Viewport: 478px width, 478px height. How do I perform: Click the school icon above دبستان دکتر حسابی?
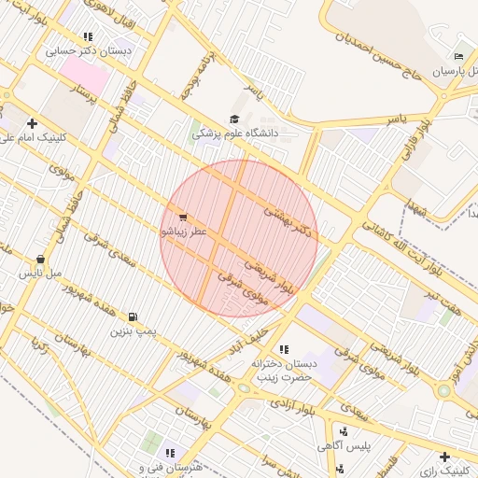click(x=88, y=37)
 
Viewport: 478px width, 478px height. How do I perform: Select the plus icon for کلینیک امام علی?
click(x=33, y=123)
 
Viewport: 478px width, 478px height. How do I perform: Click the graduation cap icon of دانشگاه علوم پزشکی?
click(x=233, y=119)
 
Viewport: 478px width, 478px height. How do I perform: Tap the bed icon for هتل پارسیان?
click(x=457, y=56)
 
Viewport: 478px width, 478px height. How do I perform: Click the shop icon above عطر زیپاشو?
click(x=181, y=217)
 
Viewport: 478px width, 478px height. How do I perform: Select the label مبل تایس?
click(x=41, y=274)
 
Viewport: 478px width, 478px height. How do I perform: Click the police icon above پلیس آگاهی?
click(x=344, y=431)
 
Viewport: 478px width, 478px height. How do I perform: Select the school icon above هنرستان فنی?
click(x=170, y=453)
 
